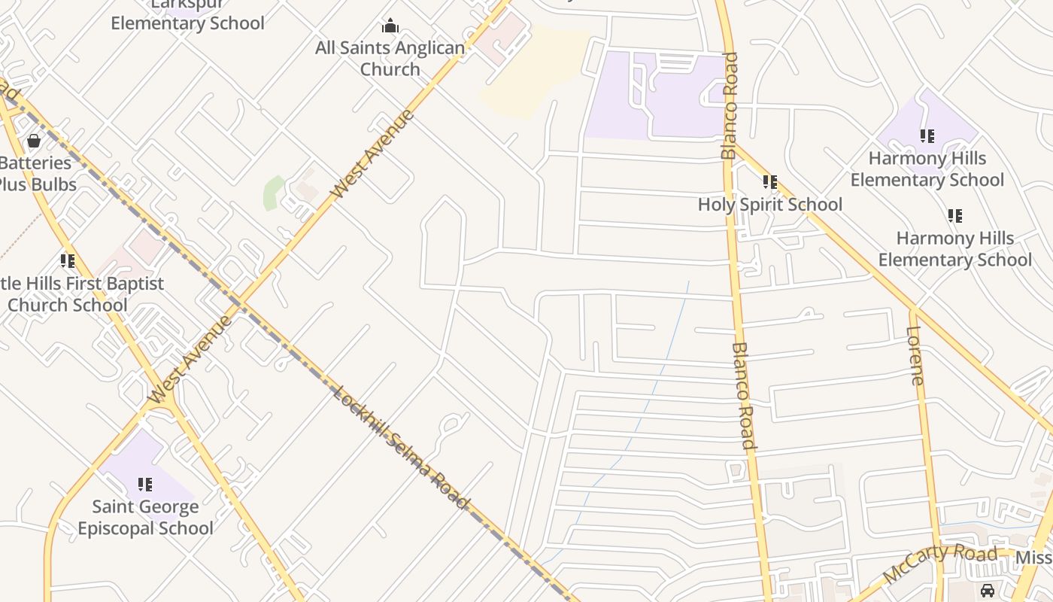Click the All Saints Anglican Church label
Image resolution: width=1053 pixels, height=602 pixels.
pos(390,59)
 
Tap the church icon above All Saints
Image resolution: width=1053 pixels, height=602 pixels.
pos(390,26)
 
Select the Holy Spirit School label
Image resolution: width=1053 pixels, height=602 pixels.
pos(769,204)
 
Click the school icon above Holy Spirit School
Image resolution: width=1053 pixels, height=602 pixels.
pos(769,182)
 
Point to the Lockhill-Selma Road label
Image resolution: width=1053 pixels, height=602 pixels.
pos(401,448)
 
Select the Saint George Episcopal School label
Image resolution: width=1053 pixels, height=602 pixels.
pos(145,517)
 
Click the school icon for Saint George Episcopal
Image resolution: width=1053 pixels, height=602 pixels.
pos(145,485)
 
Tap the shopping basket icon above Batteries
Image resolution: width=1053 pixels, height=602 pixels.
pos(34,141)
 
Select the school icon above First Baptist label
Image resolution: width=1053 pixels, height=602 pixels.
pos(68,261)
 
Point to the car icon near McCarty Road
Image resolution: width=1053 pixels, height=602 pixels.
pos(988,590)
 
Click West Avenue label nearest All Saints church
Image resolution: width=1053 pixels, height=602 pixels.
pos(372,154)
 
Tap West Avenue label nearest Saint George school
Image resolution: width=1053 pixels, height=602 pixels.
pos(190,360)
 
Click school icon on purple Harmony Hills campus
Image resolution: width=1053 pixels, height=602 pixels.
pos(927,136)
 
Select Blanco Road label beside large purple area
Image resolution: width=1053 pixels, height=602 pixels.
pos(729,105)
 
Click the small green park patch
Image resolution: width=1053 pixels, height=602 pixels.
pos(273,193)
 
